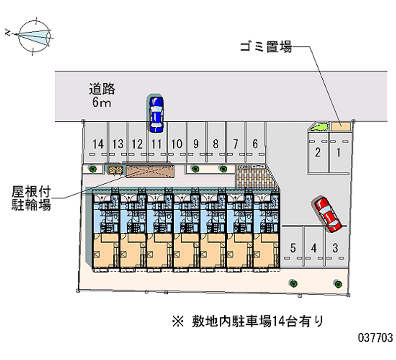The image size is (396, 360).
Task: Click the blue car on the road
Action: point(156,113)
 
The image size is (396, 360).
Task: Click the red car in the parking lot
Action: point(327,213)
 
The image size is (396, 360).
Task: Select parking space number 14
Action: point(98,144)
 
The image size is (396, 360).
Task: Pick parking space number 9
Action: point(196,144)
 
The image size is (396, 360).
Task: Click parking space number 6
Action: point(255,144)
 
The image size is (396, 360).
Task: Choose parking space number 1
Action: point(338,153)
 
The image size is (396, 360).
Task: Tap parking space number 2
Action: point(317,153)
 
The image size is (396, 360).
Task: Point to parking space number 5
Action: point(293,248)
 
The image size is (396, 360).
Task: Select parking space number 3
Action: point(335,248)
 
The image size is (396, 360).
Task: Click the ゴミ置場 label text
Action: point(266,48)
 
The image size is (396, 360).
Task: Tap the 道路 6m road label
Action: point(102,96)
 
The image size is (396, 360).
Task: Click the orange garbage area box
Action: point(341,126)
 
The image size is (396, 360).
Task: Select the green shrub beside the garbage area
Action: point(320,128)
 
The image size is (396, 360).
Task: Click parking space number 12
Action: point(137,144)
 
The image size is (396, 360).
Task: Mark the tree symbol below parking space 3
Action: point(338,284)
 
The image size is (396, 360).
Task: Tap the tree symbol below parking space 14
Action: point(93,169)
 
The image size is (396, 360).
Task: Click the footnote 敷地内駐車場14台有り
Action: point(247,321)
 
